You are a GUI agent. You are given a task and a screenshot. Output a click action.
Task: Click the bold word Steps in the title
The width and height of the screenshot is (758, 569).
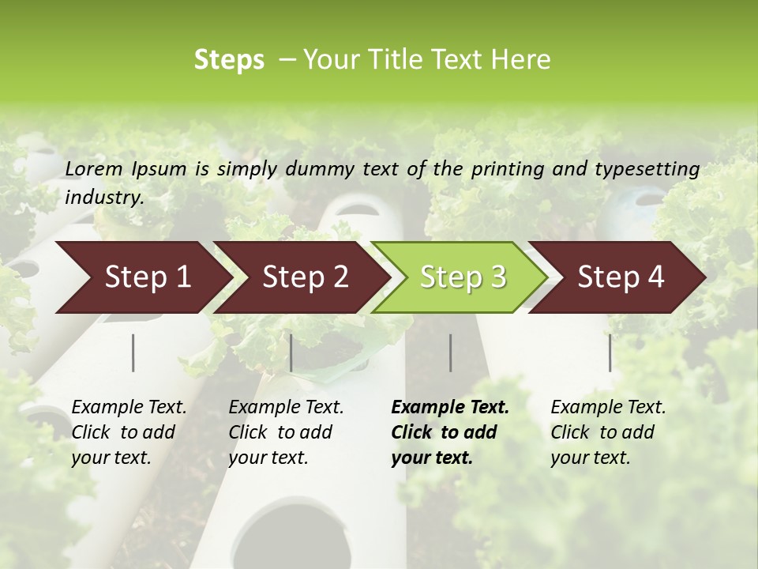229,60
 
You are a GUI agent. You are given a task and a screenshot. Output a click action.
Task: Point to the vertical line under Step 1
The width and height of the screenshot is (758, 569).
133,352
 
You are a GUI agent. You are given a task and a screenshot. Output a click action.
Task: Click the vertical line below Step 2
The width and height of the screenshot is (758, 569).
291,352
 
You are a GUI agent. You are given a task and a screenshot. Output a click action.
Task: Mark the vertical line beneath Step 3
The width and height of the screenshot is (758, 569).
451,352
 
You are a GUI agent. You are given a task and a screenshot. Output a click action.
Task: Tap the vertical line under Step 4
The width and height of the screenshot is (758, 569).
610,352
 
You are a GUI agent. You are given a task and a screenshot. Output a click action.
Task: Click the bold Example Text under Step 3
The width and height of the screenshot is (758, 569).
450,408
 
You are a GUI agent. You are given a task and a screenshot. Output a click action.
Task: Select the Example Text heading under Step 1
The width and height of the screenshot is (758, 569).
129,408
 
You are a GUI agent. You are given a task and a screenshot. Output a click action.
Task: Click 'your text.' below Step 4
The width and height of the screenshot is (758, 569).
590,458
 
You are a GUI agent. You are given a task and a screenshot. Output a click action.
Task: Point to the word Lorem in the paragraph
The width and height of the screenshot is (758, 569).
94,169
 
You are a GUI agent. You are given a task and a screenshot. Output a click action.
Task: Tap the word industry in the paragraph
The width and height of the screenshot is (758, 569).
103,198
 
